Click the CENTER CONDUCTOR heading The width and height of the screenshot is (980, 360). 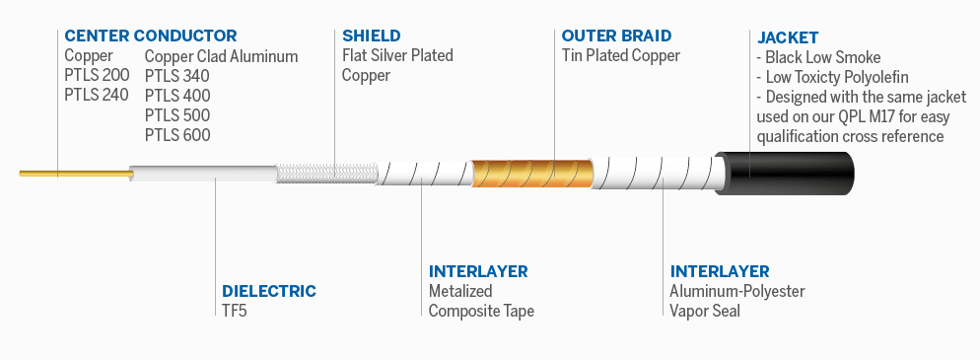(150, 36)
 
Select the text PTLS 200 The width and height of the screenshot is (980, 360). (95, 76)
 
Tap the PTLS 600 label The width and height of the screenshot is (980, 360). (177, 135)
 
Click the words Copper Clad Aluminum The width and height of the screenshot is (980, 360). (221, 56)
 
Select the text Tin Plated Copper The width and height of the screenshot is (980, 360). (620, 56)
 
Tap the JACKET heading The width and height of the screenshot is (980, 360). (787, 36)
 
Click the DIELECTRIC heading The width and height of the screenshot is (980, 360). (269, 291)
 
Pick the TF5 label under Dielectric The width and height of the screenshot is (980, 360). (233, 311)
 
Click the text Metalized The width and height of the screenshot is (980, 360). (460, 291)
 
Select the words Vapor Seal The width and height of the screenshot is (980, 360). (704, 311)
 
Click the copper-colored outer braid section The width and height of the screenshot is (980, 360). (532, 175)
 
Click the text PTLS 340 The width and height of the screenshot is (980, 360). (177, 76)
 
